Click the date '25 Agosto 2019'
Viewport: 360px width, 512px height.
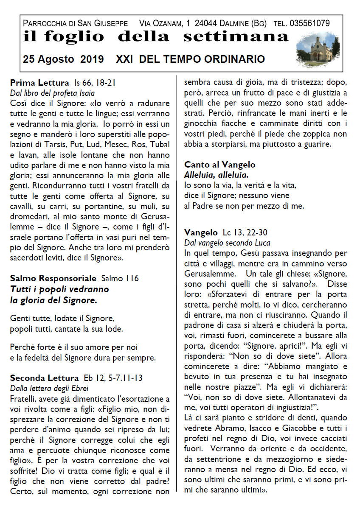point(63,59)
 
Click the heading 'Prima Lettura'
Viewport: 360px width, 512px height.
point(39,82)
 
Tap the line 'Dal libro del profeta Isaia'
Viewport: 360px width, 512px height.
point(52,93)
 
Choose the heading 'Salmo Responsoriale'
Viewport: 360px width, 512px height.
point(53,278)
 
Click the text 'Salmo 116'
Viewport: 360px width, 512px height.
point(120,278)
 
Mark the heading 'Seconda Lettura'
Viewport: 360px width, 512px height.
point(44,378)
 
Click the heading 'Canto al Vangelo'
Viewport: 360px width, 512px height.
point(219,165)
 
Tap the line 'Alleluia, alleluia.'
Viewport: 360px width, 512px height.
point(216,175)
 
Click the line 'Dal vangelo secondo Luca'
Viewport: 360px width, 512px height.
point(227,243)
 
